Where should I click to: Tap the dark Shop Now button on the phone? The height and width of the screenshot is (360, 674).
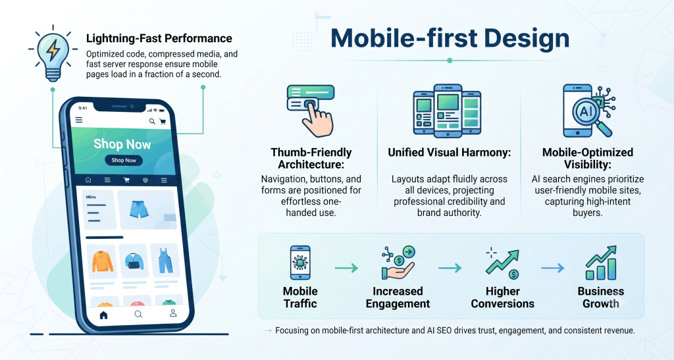coord(124,160)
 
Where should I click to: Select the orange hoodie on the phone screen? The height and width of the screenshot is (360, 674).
coord(102,261)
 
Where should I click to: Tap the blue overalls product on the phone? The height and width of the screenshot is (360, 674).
coord(165,261)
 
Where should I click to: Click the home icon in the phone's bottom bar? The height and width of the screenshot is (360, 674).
coord(103,315)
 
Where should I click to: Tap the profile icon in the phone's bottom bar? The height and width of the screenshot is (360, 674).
coord(173,313)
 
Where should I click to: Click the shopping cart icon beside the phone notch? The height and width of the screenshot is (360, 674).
coord(163,122)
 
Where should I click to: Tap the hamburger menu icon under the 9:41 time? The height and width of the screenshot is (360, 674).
coord(79,120)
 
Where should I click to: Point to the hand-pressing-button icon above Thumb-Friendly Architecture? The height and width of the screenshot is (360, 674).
coord(311,111)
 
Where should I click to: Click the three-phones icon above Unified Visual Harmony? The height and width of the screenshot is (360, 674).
coord(447,111)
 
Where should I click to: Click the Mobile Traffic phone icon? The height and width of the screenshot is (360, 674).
coord(300,263)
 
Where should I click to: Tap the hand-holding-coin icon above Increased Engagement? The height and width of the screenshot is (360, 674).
coord(398,263)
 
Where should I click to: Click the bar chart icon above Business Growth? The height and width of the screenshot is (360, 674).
coord(601,263)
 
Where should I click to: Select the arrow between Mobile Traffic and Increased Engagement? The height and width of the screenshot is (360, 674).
coord(346,268)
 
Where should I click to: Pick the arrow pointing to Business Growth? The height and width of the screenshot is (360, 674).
coord(553,268)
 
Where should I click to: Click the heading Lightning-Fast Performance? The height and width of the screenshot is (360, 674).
coord(159,39)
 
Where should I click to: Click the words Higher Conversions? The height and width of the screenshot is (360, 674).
coord(502,297)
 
